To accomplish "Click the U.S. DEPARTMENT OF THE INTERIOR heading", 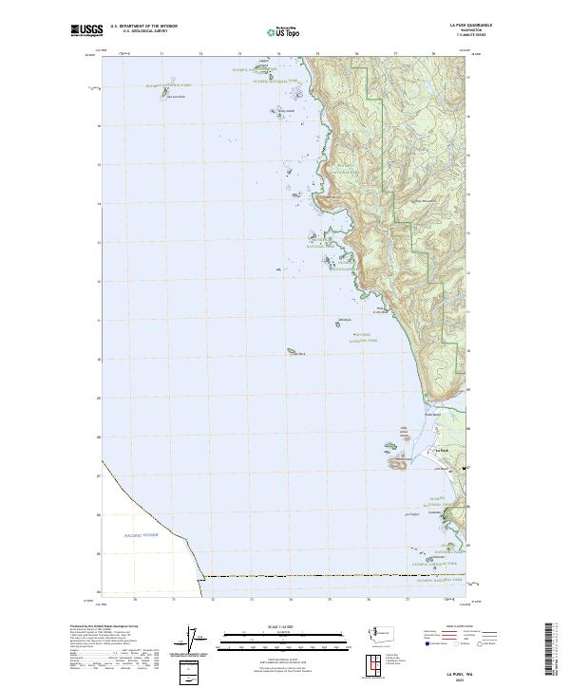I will (x=143, y=27).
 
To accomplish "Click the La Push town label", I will (x=441, y=450).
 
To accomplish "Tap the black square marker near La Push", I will (x=465, y=469).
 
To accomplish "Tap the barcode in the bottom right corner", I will (x=554, y=648).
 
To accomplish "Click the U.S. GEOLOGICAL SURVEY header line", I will (x=143, y=32).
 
